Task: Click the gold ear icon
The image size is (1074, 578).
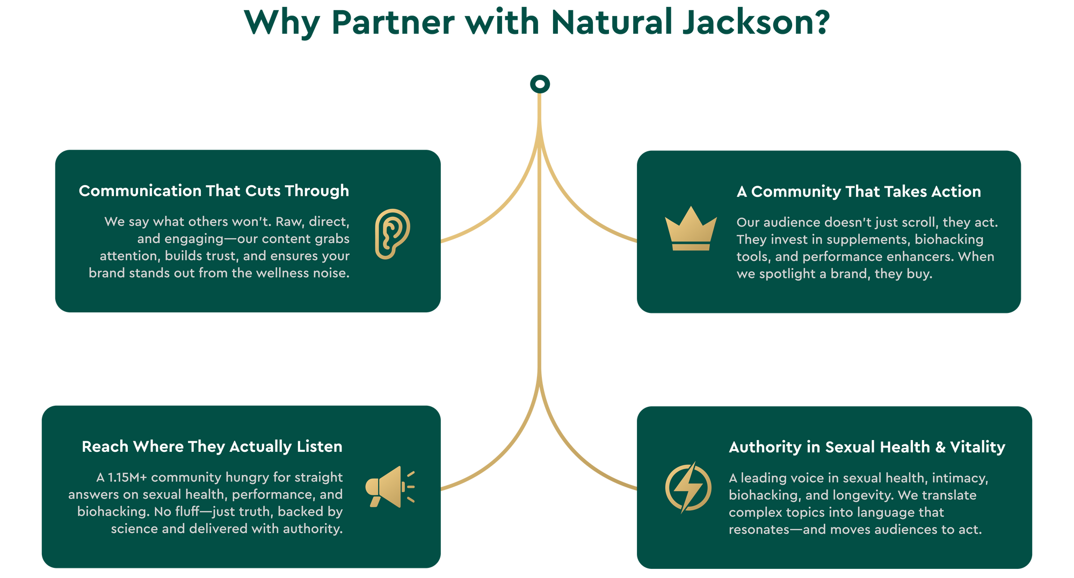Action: point(392,233)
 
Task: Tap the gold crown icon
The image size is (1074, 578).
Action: point(691,229)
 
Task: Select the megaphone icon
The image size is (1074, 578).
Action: point(389,487)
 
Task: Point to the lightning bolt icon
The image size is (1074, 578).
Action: point(688,487)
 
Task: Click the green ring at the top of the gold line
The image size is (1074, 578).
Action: point(540,84)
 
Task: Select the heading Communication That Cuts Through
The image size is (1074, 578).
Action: point(214,191)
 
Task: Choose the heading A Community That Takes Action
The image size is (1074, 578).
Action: point(859,192)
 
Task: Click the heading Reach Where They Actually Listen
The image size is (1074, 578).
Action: point(212,447)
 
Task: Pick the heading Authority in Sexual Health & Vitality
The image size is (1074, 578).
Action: point(867,447)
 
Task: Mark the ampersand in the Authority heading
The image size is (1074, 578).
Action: point(940,447)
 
